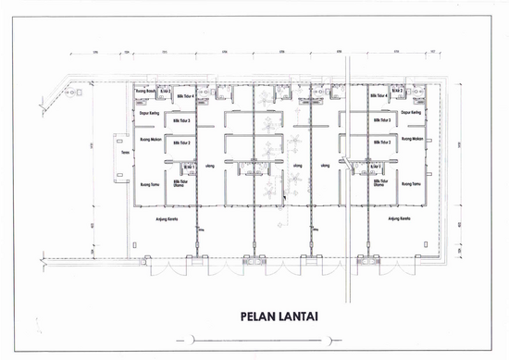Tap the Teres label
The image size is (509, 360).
click(x=125, y=153)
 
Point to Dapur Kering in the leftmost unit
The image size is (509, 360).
click(x=150, y=113)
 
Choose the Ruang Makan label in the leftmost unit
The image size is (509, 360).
click(x=151, y=140)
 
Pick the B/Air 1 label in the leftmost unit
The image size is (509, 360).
click(x=188, y=166)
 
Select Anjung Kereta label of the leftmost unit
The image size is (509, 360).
click(x=167, y=219)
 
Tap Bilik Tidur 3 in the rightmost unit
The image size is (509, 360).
click(x=380, y=120)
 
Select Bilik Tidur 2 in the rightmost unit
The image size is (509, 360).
click(x=380, y=143)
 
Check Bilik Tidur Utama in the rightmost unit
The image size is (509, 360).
click(x=380, y=182)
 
